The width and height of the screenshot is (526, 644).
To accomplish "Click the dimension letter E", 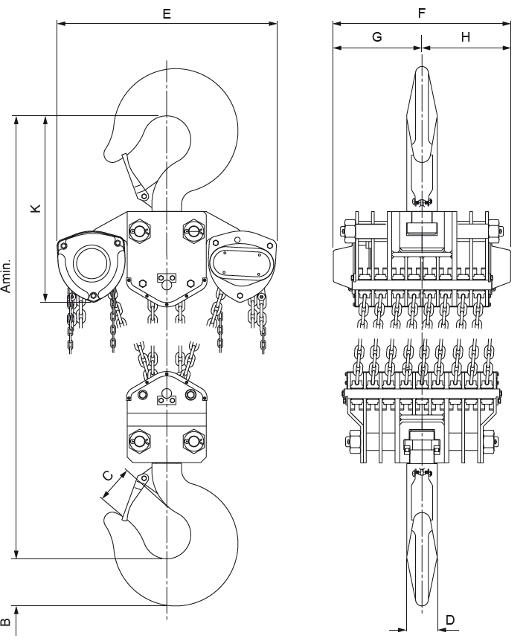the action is (x=167, y=13).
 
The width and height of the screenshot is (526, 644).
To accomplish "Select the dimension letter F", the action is (x=422, y=13).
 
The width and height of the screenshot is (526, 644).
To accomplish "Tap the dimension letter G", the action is (x=376, y=37).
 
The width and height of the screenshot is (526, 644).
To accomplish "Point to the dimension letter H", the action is (x=466, y=37).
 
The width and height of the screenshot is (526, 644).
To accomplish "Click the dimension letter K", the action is (x=36, y=207).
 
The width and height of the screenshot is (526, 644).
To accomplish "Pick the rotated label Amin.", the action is (x=6, y=276).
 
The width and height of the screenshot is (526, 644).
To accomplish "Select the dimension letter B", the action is (x=5, y=622).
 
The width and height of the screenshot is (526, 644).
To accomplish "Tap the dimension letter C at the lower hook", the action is (x=107, y=476).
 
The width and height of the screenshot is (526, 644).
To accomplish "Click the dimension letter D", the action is (x=450, y=619).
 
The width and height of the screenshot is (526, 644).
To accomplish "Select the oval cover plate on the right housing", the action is (x=242, y=262).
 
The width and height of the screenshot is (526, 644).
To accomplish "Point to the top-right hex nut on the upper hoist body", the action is (x=193, y=231).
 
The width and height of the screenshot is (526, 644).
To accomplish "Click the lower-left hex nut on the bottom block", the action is (x=140, y=442).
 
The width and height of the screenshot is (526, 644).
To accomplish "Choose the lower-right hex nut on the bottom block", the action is (x=193, y=442).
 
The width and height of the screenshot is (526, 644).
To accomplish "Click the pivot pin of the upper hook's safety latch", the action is (x=144, y=196).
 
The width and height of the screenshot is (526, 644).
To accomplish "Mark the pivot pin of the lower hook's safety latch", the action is (x=144, y=478).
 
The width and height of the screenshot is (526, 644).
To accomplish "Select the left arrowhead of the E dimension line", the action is (x=61, y=23).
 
